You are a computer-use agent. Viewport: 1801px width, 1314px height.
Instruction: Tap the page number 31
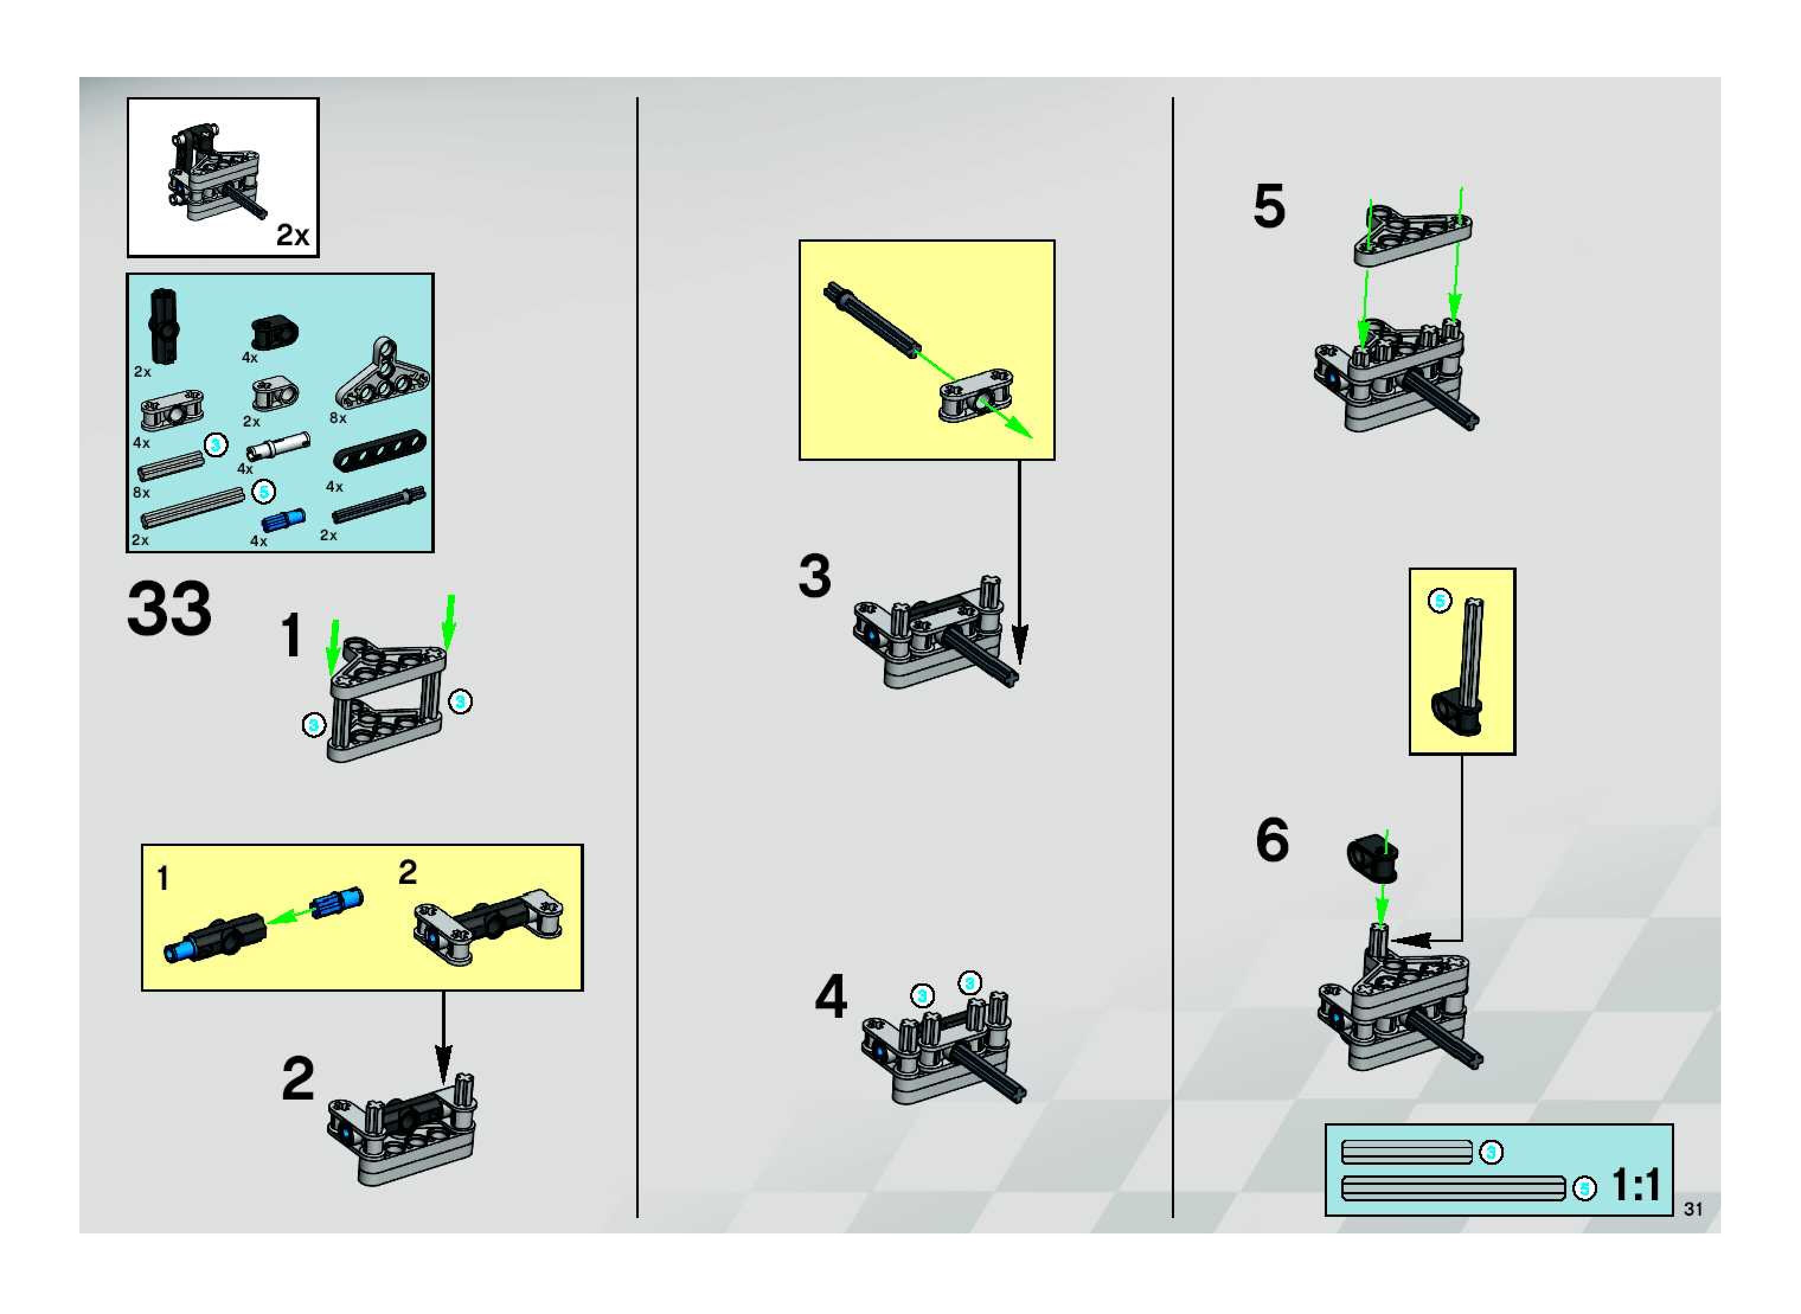pyautogui.click(x=1693, y=1208)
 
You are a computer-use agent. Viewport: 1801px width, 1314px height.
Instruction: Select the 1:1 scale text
pyautogui.click(x=1636, y=1185)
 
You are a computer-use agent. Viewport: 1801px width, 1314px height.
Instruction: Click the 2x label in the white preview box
pyautogui.click(x=292, y=235)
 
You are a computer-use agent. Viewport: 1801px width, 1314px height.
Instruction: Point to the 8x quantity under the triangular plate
pyautogui.click(x=338, y=418)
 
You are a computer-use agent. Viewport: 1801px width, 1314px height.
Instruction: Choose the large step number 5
pyautogui.click(x=1269, y=206)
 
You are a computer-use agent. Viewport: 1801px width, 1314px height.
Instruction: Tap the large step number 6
pyautogui.click(x=1271, y=840)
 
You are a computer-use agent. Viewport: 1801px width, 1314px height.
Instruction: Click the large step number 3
pyautogui.click(x=815, y=576)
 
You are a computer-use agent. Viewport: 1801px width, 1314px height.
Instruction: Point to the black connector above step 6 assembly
pyautogui.click(x=1372, y=858)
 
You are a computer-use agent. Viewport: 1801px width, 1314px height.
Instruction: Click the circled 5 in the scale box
pyautogui.click(x=1584, y=1188)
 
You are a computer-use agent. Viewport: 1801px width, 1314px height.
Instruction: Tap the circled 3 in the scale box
pyautogui.click(x=1491, y=1151)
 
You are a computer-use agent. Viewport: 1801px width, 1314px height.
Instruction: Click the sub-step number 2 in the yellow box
pyautogui.click(x=407, y=873)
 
